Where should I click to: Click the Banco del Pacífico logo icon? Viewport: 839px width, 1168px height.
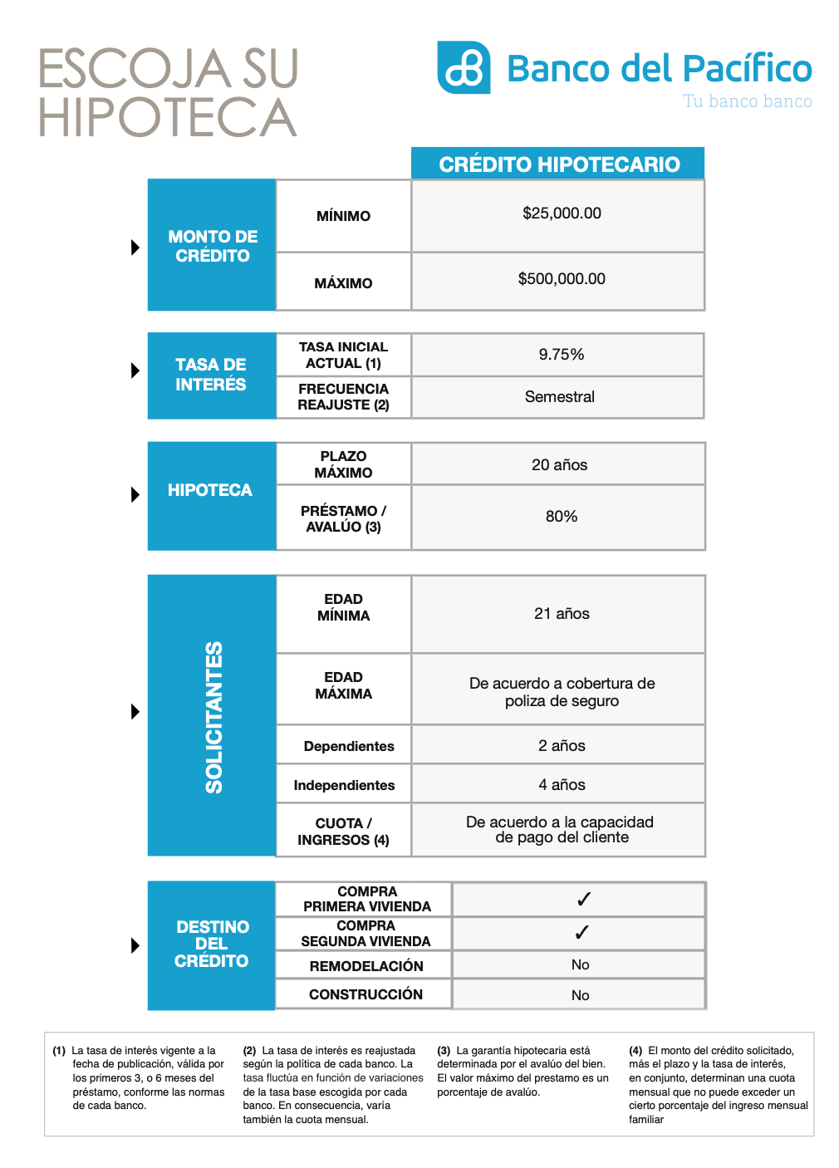click(464, 68)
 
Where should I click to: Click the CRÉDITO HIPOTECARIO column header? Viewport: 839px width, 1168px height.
click(559, 164)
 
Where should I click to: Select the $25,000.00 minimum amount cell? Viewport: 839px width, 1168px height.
click(562, 213)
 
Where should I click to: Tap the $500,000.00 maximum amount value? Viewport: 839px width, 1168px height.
click(562, 279)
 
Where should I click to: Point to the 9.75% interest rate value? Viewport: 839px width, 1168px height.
click(562, 355)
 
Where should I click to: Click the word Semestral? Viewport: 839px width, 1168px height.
click(560, 397)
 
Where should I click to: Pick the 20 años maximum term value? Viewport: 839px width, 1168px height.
click(560, 465)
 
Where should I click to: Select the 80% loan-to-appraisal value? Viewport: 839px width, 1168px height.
click(562, 517)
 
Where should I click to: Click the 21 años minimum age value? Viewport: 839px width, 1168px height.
click(562, 614)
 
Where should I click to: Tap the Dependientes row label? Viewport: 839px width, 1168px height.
click(349, 746)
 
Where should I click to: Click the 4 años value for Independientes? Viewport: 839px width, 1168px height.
click(562, 785)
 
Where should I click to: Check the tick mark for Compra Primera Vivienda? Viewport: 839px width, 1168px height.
click(584, 900)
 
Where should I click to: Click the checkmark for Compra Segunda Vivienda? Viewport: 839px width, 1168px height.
click(582, 933)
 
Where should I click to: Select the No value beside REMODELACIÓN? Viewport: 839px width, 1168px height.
click(581, 964)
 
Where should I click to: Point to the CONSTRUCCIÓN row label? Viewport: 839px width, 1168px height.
click(366, 994)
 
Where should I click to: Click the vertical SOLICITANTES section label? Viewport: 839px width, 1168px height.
click(213, 717)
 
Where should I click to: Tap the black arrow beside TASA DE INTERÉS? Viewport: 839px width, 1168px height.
click(135, 371)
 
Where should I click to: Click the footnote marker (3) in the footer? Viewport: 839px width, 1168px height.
click(444, 1051)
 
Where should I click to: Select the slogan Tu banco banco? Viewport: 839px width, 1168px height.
click(748, 101)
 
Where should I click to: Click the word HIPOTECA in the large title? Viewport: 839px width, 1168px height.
click(168, 117)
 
